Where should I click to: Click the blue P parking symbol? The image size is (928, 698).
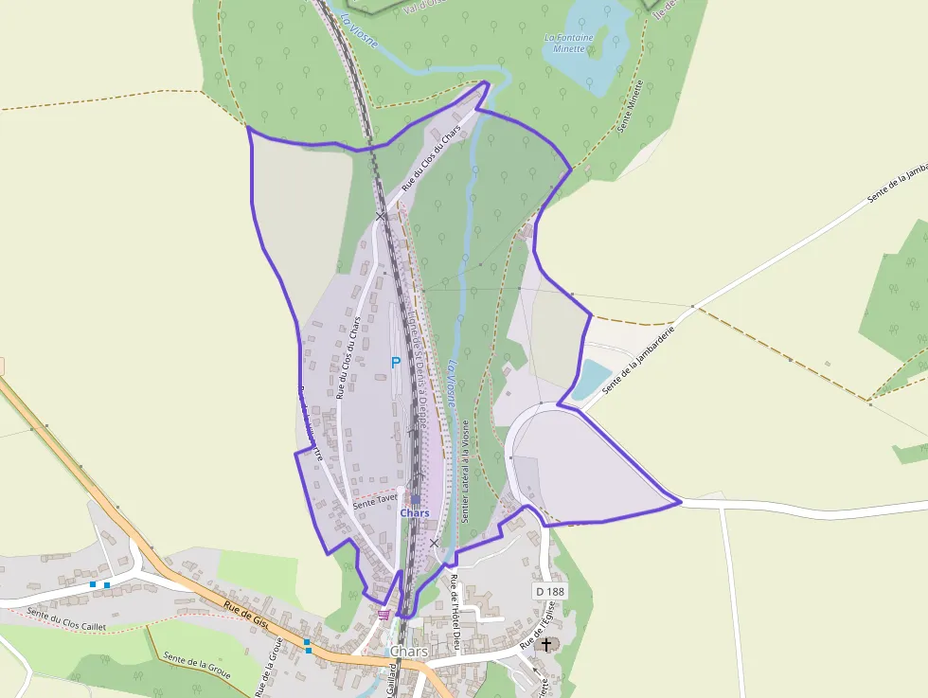(397, 362)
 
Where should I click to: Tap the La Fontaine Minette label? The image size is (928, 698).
(569, 43)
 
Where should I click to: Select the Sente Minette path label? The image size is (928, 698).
(632, 105)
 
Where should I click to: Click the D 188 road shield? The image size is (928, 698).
(548, 591)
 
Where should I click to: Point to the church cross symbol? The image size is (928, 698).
(546, 645)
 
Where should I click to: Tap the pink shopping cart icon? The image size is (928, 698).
(384, 615)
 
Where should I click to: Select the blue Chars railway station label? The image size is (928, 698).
(415, 513)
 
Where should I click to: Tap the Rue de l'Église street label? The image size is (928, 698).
(536, 634)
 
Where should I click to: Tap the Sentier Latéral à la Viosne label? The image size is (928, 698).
(465, 474)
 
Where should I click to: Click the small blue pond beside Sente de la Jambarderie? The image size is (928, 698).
(592, 379)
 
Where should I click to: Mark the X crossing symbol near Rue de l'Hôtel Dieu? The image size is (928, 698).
(434, 543)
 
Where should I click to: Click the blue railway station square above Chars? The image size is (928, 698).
(415, 499)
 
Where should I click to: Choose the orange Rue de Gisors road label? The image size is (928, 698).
(249, 616)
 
